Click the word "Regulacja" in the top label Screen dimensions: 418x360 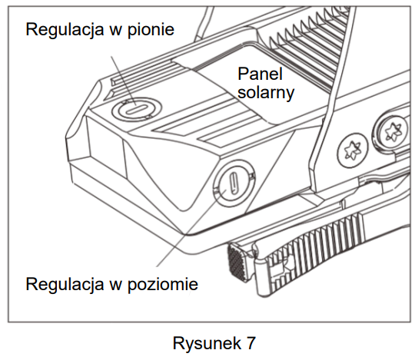[x=65, y=30]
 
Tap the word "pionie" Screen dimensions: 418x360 [x=151, y=30]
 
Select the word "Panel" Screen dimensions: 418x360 [x=260, y=74]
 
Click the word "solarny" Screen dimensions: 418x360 [x=266, y=93]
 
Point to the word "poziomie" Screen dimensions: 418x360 [x=163, y=284]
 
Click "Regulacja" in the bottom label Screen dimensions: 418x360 [x=65, y=284]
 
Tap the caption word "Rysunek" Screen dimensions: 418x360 [x=207, y=343]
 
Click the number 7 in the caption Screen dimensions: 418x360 [x=250, y=343]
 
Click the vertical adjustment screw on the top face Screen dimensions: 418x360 [x=137, y=108]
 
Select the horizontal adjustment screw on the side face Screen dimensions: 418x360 [x=234, y=183]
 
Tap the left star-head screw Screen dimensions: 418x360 [x=353, y=150]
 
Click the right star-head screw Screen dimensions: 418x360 [x=391, y=130]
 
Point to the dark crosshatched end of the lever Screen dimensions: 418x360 [x=234, y=263]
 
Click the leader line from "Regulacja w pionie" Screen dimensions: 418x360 [x=124, y=81]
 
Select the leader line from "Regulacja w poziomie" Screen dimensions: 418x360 [x=191, y=228]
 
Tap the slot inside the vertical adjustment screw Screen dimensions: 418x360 [x=137, y=109]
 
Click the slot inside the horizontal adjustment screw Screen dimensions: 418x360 [x=234, y=183]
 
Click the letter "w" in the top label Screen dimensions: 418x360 [x=115, y=31]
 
